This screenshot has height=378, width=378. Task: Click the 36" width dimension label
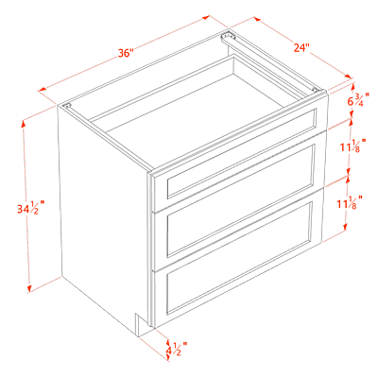point(127,53)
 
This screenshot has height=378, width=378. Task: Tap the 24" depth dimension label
point(301,47)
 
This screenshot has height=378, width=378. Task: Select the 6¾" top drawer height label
point(358,101)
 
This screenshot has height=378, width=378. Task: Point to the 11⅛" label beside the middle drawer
point(352,146)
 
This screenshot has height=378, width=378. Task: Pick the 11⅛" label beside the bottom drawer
point(350,203)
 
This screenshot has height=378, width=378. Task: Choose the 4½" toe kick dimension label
point(177,350)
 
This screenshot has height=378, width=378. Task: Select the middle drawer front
point(239,204)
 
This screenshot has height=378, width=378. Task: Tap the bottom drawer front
point(238,258)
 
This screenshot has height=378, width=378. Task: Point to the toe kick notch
point(145,324)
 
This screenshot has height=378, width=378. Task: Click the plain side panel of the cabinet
point(102,217)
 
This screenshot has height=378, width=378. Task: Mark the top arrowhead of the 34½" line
point(23,124)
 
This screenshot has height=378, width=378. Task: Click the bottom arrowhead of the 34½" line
point(29,288)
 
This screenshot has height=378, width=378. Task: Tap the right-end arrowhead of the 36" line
point(206,17)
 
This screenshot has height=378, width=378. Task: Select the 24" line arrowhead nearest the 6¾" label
point(348,77)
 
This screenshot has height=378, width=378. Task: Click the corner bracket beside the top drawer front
point(315,90)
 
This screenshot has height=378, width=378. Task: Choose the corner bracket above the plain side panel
point(67,106)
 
